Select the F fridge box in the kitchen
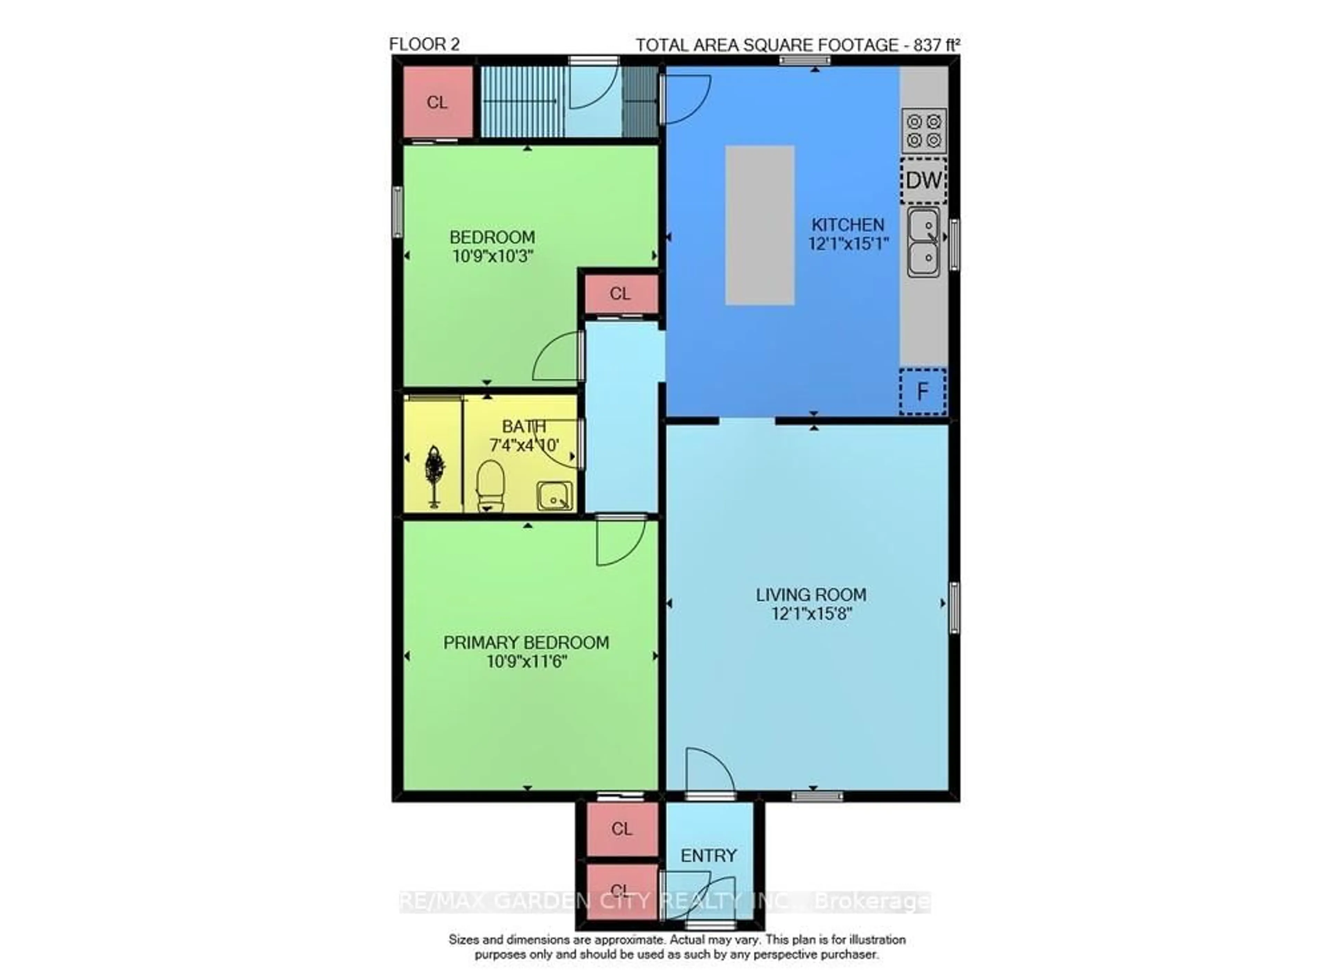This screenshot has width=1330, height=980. (x=922, y=392)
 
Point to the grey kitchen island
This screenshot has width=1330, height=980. (x=759, y=225)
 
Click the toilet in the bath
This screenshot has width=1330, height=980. (x=490, y=485)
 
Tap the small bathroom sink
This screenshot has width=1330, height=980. (x=555, y=495)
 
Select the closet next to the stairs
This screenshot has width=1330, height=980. (x=437, y=102)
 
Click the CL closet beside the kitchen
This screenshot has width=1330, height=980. (x=620, y=293)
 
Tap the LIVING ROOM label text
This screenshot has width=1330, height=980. (x=810, y=595)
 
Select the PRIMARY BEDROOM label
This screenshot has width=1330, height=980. (x=526, y=642)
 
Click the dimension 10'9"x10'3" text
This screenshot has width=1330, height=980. (x=493, y=256)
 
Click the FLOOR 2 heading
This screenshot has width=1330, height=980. (x=424, y=44)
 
